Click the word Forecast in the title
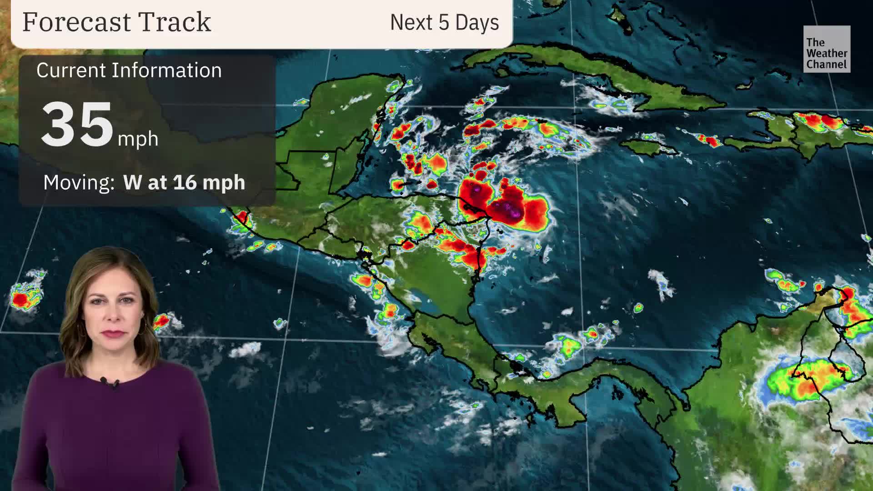pyautogui.click(x=75, y=22)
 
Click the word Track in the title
pyautogui.click(x=175, y=22)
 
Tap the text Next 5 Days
pyautogui.click(x=444, y=22)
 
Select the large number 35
pyautogui.click(x=77, y=125)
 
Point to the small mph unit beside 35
pyautogui.click(x=138, y=139)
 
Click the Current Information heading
pyautogui.click(x=129, y=70)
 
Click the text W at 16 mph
pyautogui.click(x=184, y=183)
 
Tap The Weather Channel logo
pyautogui.click(x=826, y=49)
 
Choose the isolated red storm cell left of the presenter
pyautogui.click(x=20, y=299)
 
